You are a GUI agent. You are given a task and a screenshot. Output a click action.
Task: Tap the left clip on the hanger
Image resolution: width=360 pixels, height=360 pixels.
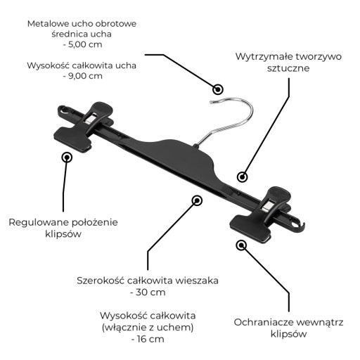coord(84,127)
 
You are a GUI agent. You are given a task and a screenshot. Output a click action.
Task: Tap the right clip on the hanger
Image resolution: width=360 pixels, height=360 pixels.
coord(259,214)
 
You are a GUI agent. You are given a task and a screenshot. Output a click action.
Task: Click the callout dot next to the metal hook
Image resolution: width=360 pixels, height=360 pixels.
coord(218,89)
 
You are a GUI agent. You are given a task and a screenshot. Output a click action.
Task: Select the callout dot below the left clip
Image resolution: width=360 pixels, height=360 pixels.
coord(67,157)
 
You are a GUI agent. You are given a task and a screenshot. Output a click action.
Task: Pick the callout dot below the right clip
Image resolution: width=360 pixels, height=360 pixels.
coord(241,245)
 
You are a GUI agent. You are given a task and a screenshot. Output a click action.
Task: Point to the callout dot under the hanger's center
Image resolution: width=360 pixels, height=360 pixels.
coord(197,200)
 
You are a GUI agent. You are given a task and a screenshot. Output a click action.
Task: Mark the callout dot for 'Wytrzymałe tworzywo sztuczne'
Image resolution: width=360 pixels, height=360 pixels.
coord(242,177)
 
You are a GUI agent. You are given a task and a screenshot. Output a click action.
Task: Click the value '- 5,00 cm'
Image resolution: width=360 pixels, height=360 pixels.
coord(82,44)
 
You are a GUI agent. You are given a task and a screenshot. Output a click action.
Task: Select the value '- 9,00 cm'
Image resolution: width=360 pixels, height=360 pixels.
coord(82,76)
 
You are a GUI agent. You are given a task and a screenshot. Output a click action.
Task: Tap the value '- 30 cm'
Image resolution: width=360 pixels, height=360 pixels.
coord(148,292)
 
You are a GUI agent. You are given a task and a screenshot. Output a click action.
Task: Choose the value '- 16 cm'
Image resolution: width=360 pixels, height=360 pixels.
coord(148,339)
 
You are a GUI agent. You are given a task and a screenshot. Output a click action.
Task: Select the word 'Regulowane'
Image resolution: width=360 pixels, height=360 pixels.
coord(38,222)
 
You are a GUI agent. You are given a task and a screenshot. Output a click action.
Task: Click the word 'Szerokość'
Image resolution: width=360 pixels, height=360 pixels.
coord(101,281)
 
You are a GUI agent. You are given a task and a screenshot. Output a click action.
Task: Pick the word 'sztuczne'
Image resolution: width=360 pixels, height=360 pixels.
coord(288,68)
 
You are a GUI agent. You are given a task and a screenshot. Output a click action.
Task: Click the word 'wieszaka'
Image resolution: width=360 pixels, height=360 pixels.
coord(197,281)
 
